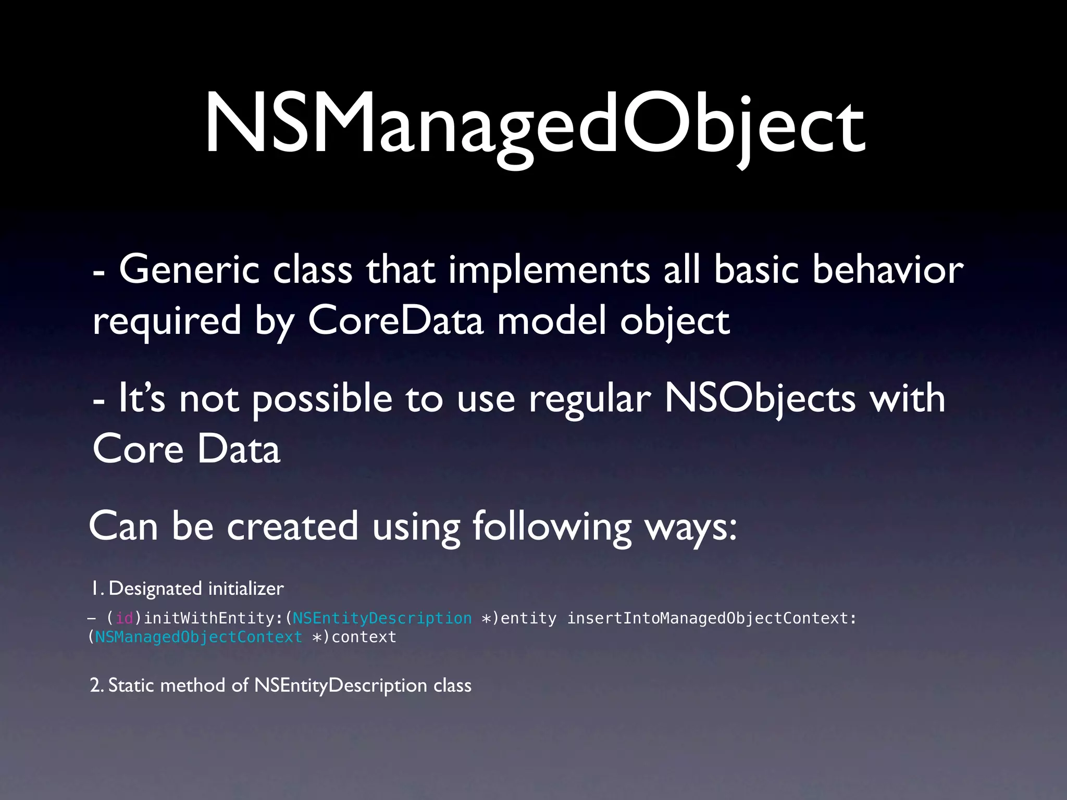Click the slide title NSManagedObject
click(535, 125)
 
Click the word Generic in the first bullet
click(189, 270)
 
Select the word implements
click(549, 271)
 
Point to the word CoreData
click(396, 321)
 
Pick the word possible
click(322, 399)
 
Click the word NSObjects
click(760, 399)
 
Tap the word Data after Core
click(239, 449)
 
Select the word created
click(292, 526)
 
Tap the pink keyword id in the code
click(125, 618)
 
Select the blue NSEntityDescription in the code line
click(382, 618)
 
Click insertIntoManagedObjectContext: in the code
click(712, 618)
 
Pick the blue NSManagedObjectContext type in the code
click(198, 637)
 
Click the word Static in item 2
click(132, 685)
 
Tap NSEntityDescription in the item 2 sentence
click(341, 686)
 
